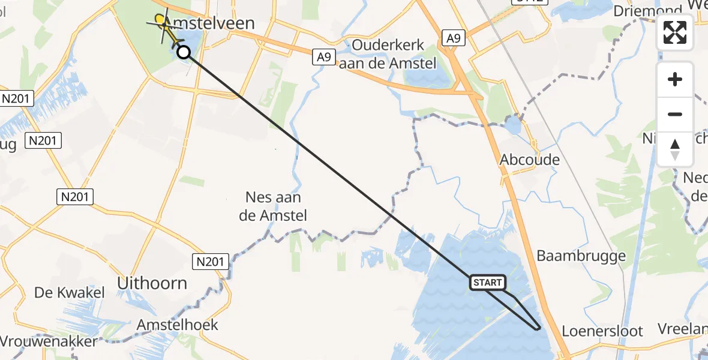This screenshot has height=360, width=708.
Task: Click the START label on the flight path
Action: tap(487, 283)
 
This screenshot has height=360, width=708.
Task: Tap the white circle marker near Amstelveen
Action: tap(184, 52)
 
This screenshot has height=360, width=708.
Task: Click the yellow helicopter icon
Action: tap(164, 25)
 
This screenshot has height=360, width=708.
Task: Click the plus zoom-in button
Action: tap(675, 79)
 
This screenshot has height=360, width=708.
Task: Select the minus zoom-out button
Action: tap(675, 114)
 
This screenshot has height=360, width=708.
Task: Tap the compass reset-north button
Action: tap(675, 149)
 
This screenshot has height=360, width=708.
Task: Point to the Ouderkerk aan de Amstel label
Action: tap(388, 54)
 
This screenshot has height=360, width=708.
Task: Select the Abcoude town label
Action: tap(530, 160)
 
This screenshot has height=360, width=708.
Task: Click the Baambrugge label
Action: tap(581, 256)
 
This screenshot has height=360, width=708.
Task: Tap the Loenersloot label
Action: tap(602, 331)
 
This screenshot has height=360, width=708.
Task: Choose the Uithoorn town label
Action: tap(152, 283)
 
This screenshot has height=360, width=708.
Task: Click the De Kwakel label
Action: tap(70, 293)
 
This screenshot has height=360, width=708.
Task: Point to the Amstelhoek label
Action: tap(177, 325)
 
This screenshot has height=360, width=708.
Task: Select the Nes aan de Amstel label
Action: tap(273, 206)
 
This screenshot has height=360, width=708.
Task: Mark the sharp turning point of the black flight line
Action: tap(538, 329)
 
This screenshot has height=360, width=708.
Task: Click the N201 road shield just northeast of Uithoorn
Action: tap(211, 261)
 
